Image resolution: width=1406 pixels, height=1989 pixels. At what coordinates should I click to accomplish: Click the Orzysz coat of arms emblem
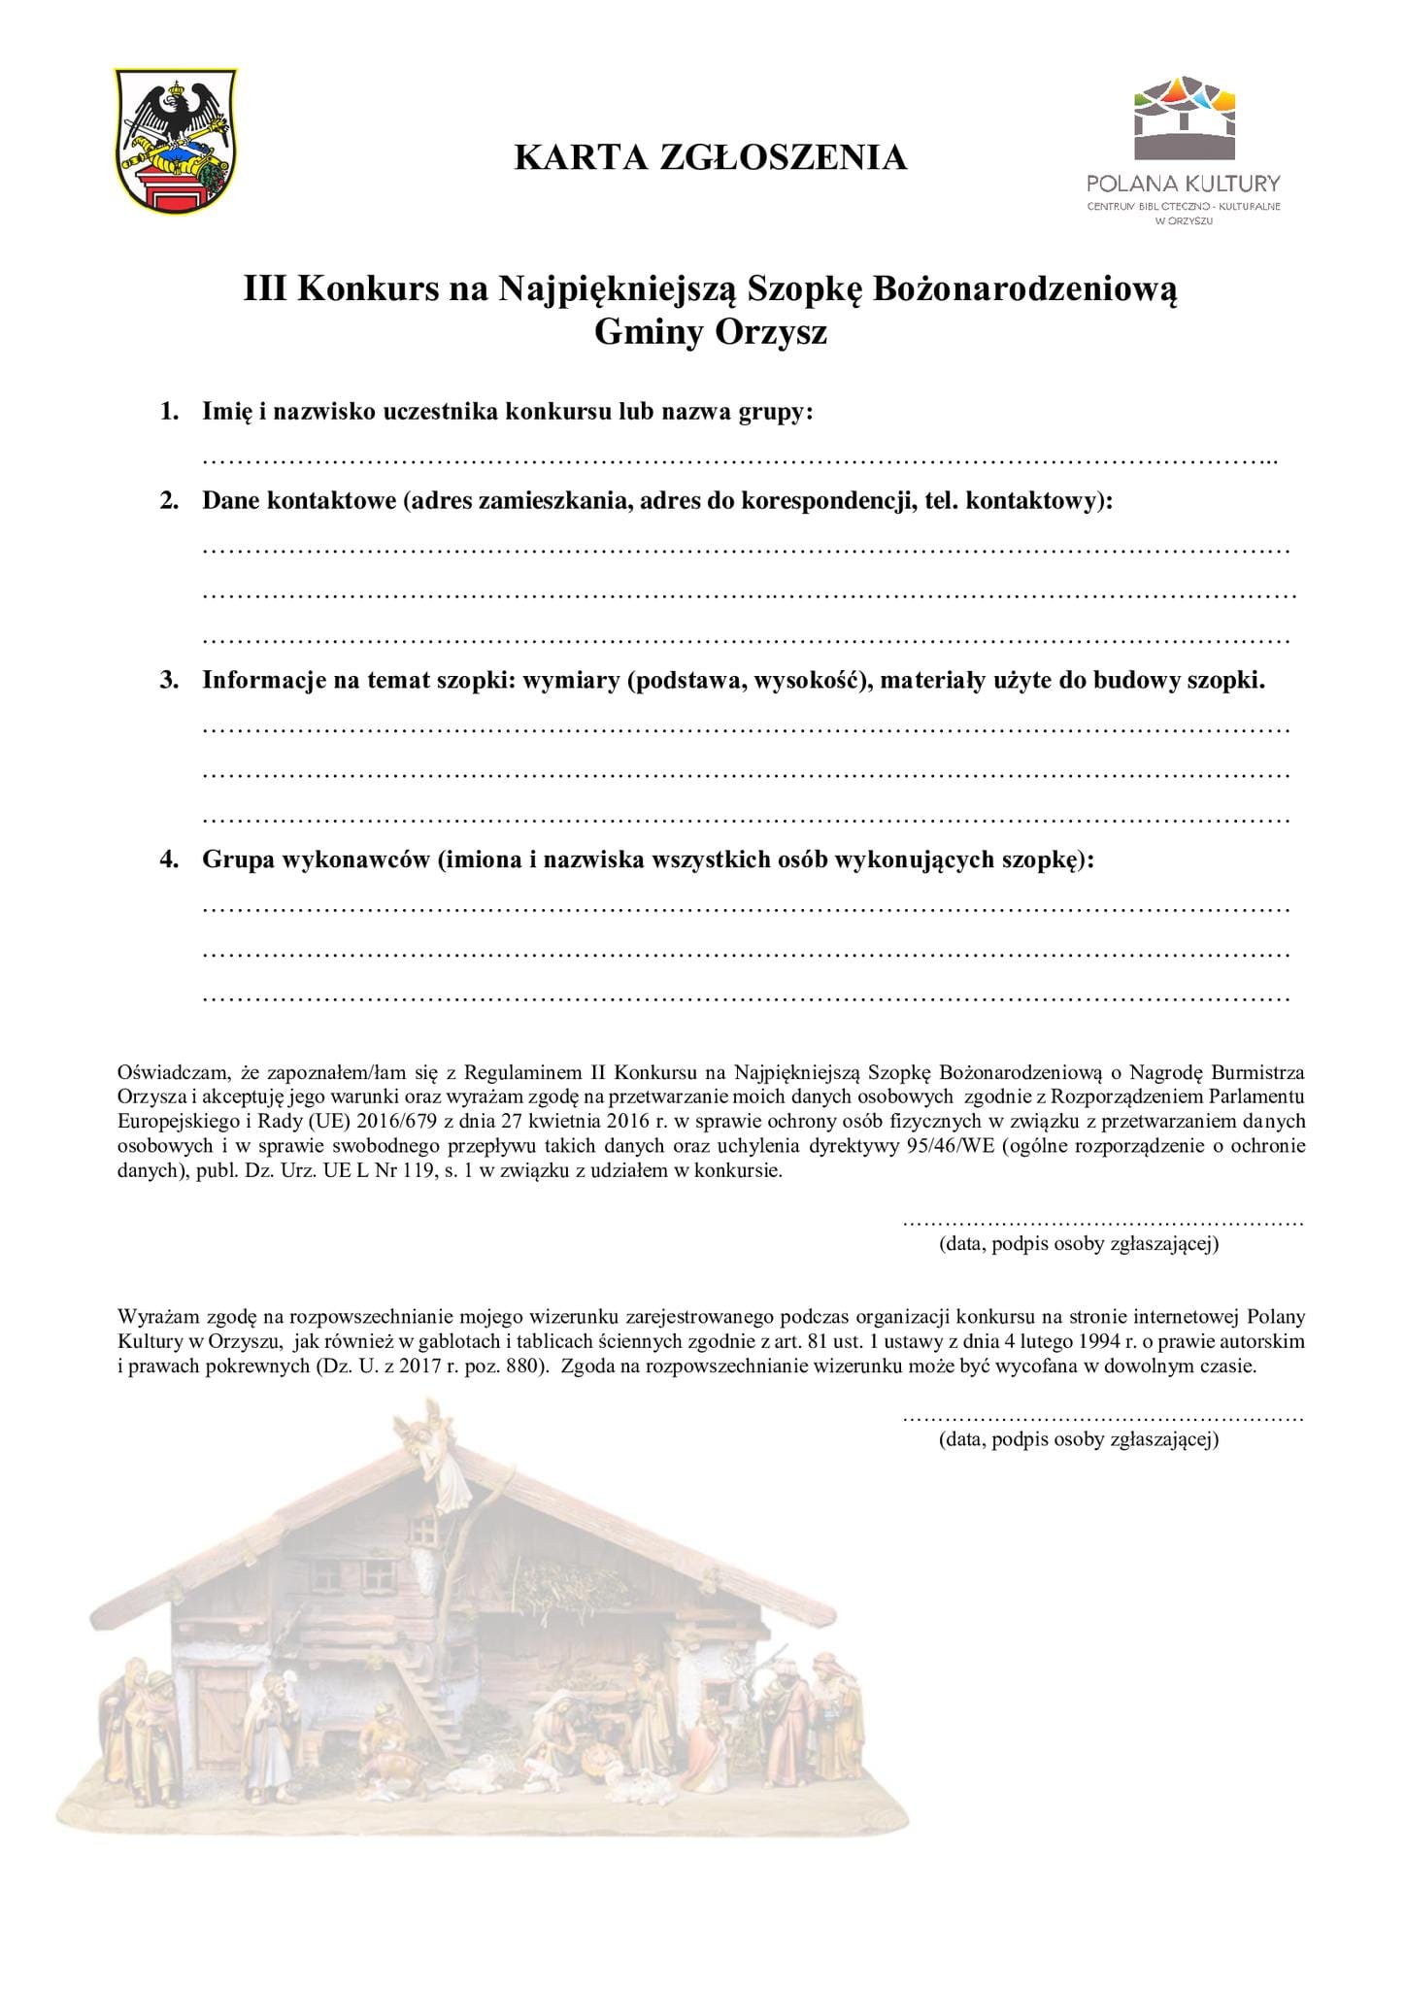coord(175,142)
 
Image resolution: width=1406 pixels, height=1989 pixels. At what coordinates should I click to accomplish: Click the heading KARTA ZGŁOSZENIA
coord(710,156)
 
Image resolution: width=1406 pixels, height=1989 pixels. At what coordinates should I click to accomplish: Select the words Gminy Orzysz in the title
coord(710,332)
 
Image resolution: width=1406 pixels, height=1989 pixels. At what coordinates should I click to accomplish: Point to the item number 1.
coord(169,412)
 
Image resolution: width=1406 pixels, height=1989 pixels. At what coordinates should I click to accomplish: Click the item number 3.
coord(169,680)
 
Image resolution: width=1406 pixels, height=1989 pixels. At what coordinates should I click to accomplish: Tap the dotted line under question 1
coord(738,458)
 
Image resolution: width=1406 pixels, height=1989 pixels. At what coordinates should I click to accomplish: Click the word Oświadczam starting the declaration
coord(174,1073)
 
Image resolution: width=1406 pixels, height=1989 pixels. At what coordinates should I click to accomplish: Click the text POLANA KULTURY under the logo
coord(1184,184)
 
